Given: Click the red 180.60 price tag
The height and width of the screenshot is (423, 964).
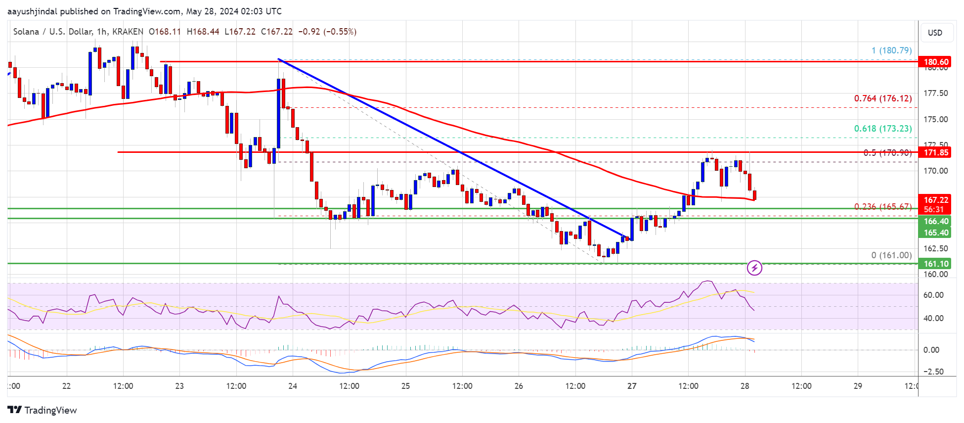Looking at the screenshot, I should coord(936,62).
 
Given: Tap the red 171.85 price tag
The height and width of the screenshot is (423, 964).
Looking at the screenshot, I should coord(936,152).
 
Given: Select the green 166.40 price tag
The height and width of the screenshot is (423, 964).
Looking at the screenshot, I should coord(936,221).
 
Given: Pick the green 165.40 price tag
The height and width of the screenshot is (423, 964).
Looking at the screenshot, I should coord(936,233).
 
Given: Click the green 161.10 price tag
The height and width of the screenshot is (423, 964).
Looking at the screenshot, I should coord(936,264).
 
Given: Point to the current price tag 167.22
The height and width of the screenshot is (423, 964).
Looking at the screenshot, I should coord(936,200).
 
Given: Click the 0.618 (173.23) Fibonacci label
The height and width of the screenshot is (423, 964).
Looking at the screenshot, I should coord(883,129).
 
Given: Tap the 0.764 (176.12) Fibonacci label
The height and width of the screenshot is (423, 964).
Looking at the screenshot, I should coord(883,98).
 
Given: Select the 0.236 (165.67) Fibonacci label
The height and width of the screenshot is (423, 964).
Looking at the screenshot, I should coord(883,207).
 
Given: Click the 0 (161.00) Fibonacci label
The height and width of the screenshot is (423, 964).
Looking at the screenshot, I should coord(891,255).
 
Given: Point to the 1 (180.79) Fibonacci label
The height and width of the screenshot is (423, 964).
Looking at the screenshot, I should coord(891,50).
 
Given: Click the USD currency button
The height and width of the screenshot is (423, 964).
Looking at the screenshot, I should coord(935,33).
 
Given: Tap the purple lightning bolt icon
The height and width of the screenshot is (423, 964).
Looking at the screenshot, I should coord(754,268).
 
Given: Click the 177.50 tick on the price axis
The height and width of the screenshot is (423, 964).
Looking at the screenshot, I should coord(936,93).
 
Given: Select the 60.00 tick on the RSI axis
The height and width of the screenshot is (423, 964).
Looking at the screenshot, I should coord(933,295).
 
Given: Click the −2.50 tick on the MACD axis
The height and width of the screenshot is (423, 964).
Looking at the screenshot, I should coord(933,372).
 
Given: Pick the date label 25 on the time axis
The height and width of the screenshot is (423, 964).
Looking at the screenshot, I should coord(405,386).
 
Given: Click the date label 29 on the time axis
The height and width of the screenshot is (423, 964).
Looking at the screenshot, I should coord(858,386).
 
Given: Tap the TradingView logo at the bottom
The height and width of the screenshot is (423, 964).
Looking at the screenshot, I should coord(43,410).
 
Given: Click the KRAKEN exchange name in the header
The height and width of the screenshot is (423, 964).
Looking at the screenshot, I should coord(128,32).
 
